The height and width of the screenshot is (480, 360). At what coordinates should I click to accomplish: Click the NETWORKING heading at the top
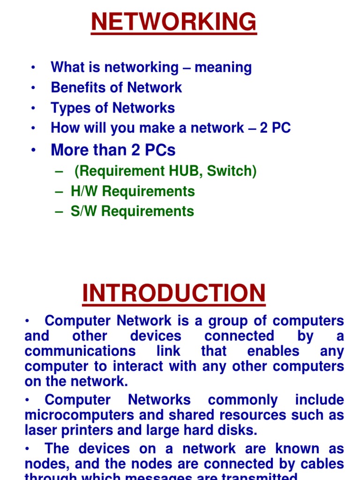(174, 22)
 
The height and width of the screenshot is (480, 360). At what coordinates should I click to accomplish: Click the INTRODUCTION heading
(174, 293)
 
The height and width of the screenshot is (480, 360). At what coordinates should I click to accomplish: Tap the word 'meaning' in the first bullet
(223, 67)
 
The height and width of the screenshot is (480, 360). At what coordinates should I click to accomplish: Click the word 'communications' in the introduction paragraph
(80, 351)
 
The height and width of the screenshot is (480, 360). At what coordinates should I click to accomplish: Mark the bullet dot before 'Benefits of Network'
(33, 88)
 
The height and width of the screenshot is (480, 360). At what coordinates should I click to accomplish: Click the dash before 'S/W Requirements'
(59, 212)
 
